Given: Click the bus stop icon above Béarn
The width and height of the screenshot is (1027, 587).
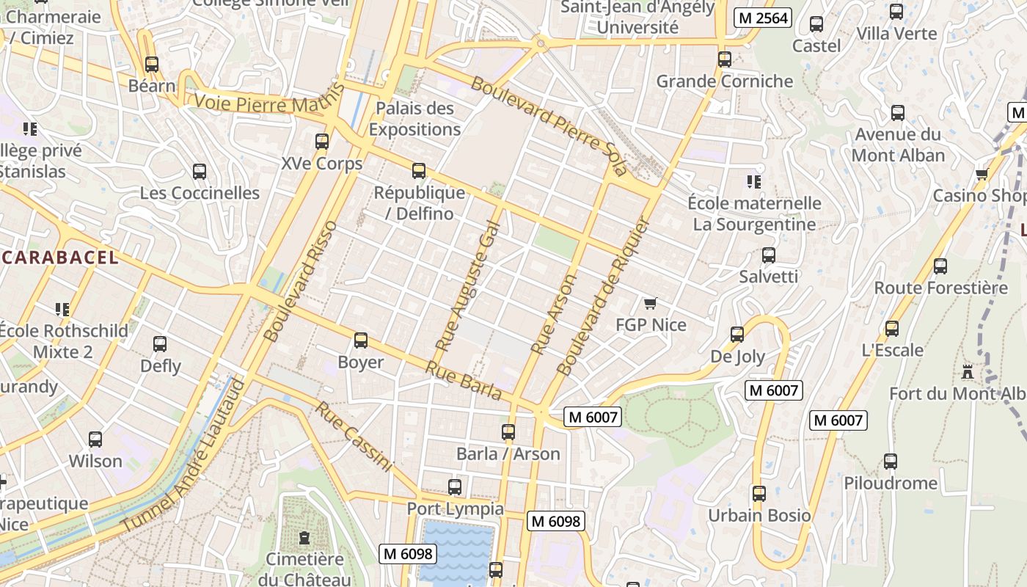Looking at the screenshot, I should pyautogui.click(x=152, y=65).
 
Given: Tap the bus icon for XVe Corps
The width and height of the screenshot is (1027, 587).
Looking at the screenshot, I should pyautogui.click(x=322, y=142).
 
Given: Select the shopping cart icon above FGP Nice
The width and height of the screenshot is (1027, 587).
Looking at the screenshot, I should pyautogui.click(x=650, y=303).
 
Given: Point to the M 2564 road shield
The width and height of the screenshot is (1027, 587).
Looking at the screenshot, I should pyautogui.click(x=763, y=18).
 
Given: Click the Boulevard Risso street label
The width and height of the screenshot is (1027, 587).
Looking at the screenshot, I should pyautogui.click(x=300, y=281).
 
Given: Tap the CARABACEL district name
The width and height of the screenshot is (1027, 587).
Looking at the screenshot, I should pyautogui.click(x=59, y=257).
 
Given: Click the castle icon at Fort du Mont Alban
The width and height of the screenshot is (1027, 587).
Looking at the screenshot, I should pyautogui.click(x=968, y=372).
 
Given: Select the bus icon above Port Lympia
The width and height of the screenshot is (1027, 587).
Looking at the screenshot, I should pyautogui.click(x=455, y=487).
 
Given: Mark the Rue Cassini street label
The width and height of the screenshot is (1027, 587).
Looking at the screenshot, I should pyautogui.click(x=354, y=437).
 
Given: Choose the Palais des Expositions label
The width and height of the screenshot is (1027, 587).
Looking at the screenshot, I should pyautogui.click(x=414, y=119).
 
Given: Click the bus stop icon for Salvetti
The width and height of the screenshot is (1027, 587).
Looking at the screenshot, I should pyautogui.click(x=768, y=255).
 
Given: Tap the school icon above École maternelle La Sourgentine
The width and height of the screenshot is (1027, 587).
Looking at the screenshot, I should pyautogui.click(x=753, y=181).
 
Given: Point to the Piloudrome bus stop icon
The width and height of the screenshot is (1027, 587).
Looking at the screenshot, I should pyautogui.click(x=891, y=462).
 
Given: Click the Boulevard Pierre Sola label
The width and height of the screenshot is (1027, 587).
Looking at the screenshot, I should pyautogui.click(x=549, y=125).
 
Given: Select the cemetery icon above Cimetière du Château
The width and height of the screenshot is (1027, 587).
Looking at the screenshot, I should pyautogui.click(x=304, y=538).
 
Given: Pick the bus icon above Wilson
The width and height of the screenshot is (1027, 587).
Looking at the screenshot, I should pyautogui.click(x=95, y=440).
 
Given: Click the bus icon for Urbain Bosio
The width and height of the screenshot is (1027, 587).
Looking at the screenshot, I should pyautogui.click(x=759, y=494).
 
